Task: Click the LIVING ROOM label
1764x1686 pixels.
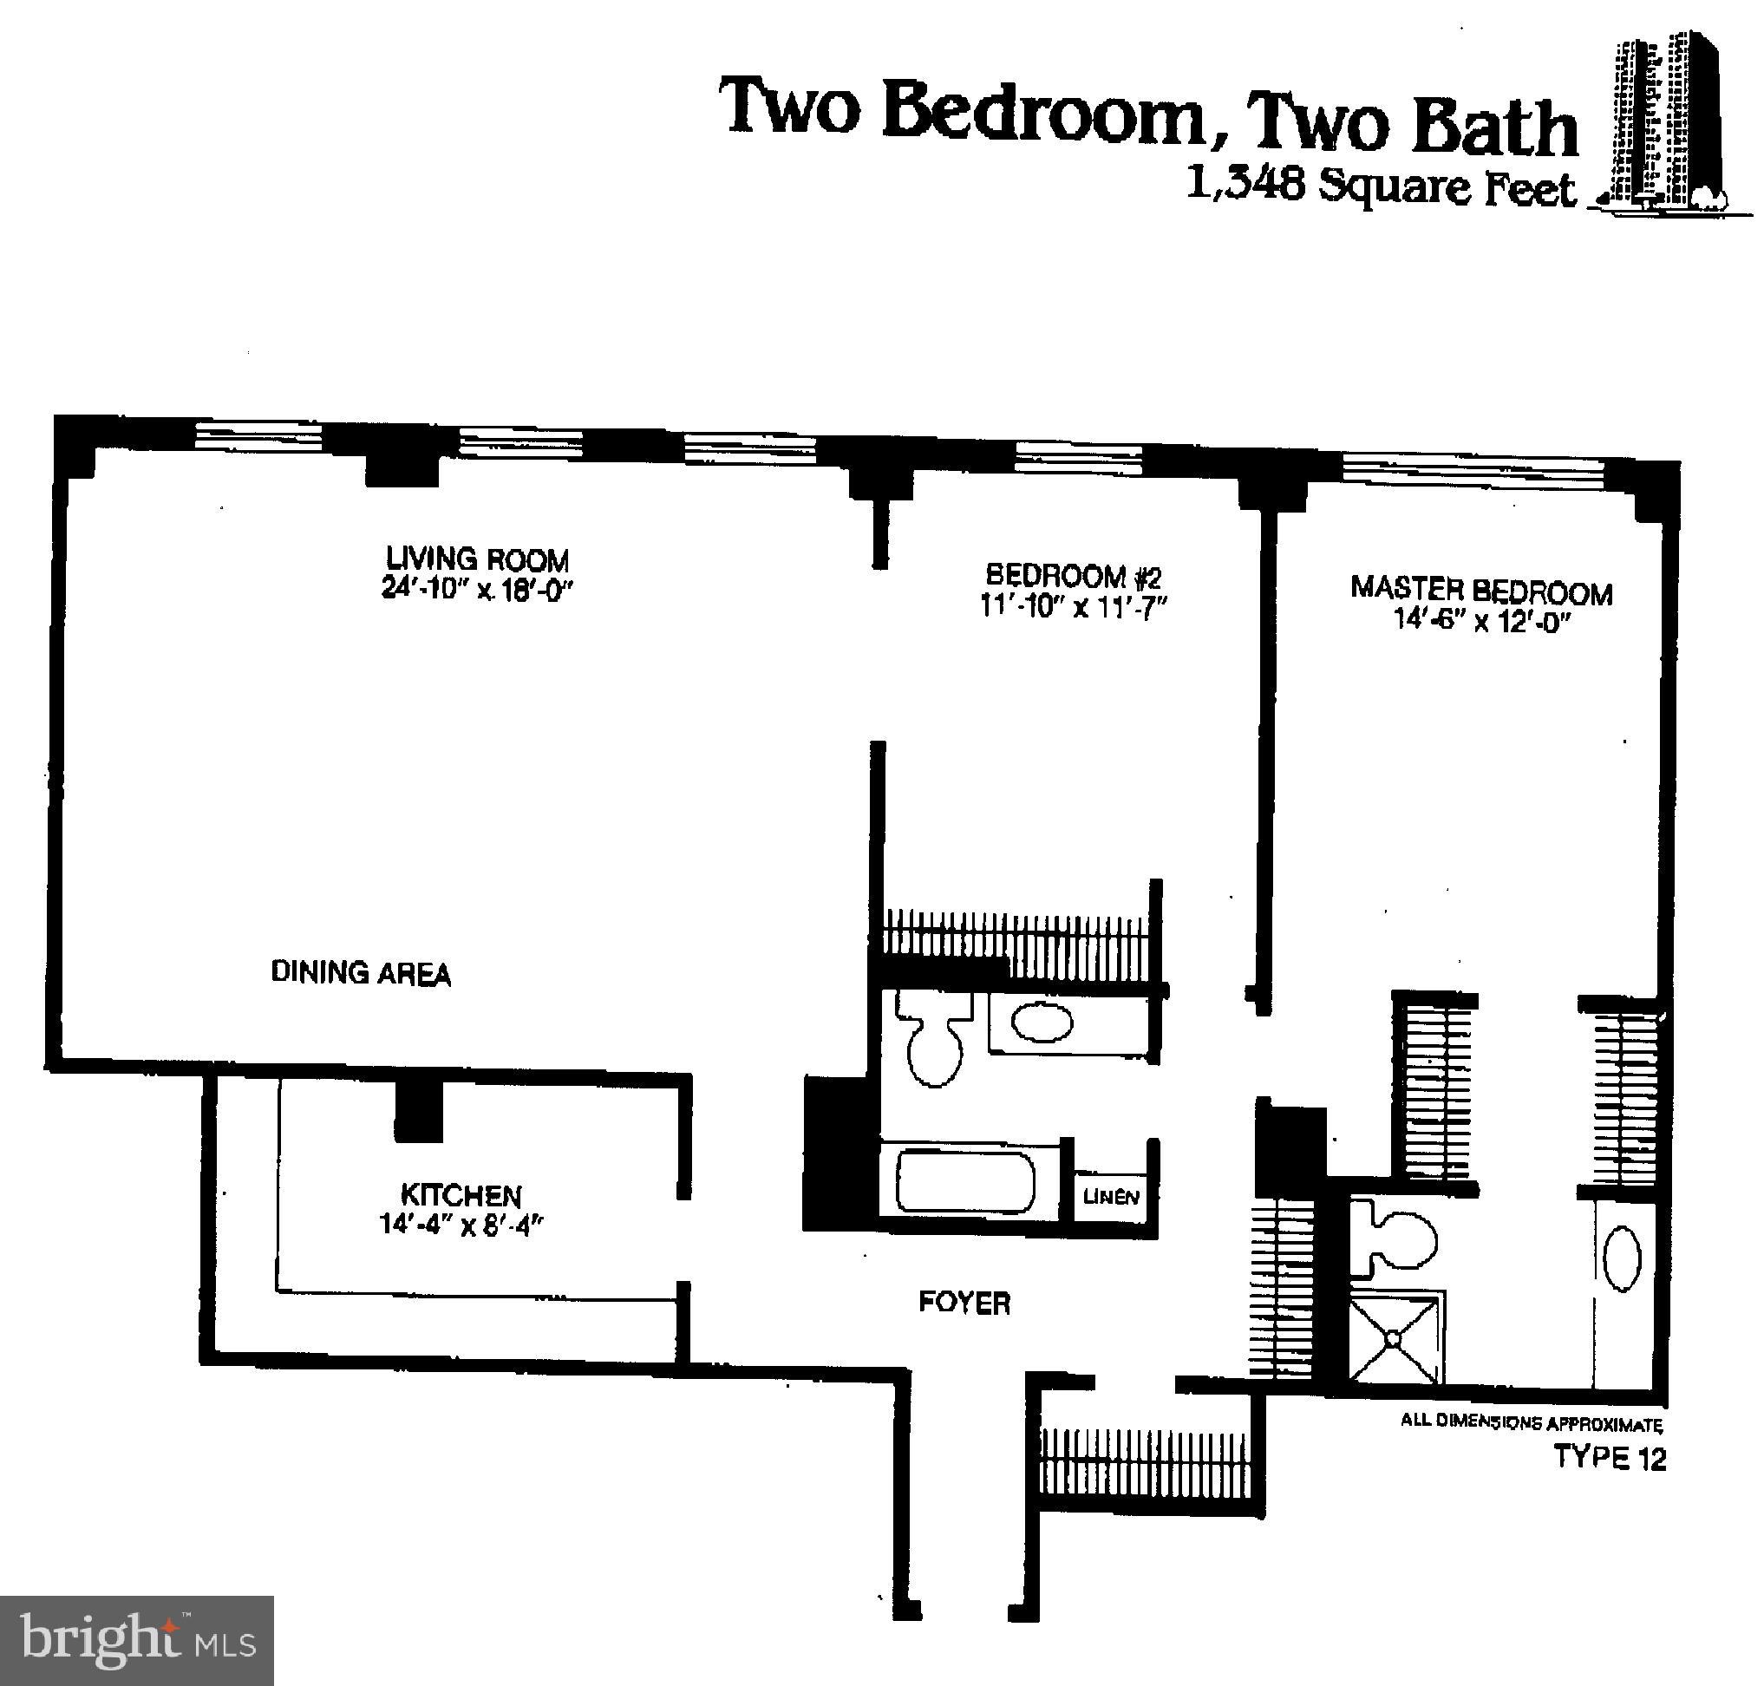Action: tap(477, 559)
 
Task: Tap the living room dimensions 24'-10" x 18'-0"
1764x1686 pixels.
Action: tap(477, 590)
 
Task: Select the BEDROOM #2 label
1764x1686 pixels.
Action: tap(1073, 575)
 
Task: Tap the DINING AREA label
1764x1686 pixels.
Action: tap(361, 972)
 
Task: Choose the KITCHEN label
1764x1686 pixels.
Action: tap(461, 1195)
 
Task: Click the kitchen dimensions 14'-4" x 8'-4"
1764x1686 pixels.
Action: tap(461, 1225)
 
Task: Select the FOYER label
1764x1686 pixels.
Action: tap(964, 1303)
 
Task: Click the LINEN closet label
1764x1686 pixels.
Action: tap(1111, 1197)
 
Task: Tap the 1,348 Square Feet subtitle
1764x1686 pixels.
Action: tap(1382, 186)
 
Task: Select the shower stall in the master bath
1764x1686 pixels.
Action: tap(1394, 1338)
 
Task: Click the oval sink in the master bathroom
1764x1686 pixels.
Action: tap(1622, 1260)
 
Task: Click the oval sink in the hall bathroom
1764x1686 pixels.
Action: tap(1042, 1023)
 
